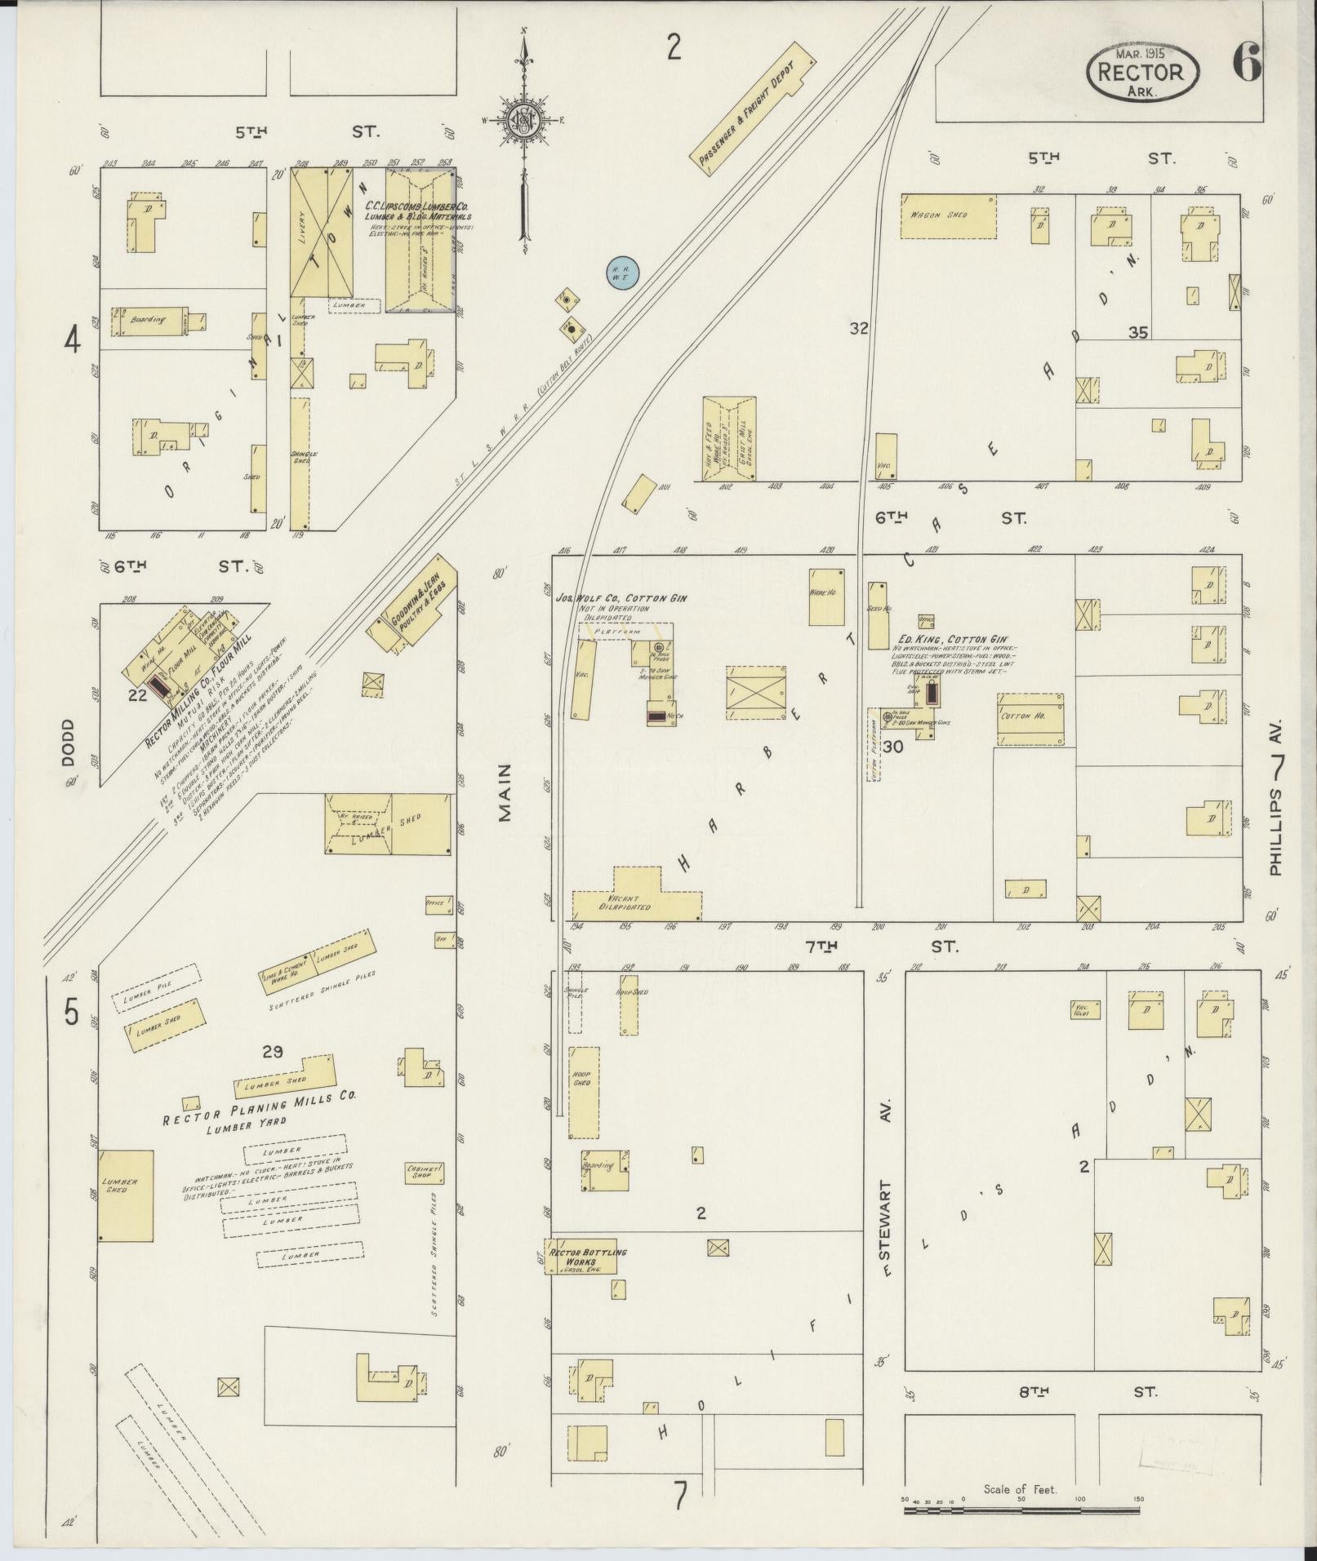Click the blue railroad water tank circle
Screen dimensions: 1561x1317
tap(621, 273)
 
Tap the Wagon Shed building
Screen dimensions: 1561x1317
tap(947, 215)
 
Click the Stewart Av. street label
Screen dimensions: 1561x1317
tap(888, 1192)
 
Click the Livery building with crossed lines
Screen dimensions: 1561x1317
tap(323, 233)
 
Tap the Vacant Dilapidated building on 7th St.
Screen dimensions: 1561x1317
tap(635, 898)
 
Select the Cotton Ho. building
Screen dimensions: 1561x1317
tap(1030, 718)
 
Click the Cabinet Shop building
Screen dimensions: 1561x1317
tap(425, 1173)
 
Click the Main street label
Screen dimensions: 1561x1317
tap(505, 791)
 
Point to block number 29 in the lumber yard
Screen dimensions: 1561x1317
tap(272, 1052)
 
